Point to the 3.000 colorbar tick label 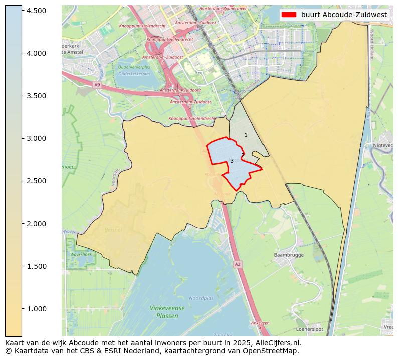click(37, 138)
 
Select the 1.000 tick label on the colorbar click(37, 309)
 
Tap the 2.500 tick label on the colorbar click(37, 181)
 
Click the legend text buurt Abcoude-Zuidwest click(344, 15)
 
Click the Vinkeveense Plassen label click(167, 312)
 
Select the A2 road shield click(238, 264)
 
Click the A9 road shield click(97, 85)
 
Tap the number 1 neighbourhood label click(246, 135)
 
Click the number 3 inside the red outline click(232, 161)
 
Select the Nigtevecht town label click(383, 145)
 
